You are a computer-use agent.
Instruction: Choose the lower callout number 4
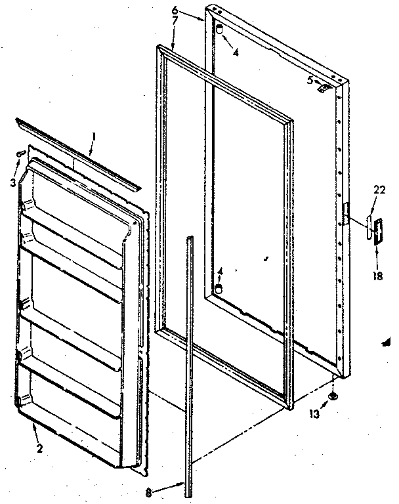220,270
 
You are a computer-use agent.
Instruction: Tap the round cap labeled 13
335,396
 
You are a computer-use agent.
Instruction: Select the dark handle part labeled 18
377,232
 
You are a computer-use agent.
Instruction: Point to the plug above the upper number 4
220,30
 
